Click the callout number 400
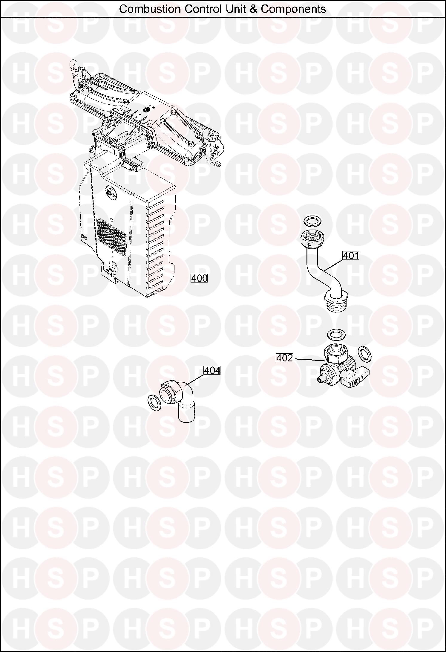199,278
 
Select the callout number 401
351,256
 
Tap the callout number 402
284,358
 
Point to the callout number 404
212,370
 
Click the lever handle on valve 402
357,382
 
